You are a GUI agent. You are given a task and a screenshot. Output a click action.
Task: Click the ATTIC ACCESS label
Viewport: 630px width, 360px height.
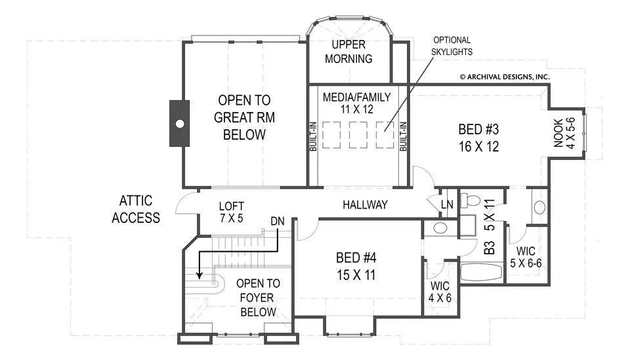(136, 209)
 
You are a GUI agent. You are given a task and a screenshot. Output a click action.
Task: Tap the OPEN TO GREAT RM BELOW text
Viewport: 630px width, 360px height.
(244, 117)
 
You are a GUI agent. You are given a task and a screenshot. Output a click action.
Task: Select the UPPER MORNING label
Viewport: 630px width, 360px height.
(348, 51)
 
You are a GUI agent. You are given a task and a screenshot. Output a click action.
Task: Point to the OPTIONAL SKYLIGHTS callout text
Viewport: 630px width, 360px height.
(451, 46)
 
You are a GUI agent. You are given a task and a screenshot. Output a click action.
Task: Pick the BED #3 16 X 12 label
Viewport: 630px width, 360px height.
(478, 138)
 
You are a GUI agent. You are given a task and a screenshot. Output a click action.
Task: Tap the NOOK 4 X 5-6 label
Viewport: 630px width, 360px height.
(564, 133)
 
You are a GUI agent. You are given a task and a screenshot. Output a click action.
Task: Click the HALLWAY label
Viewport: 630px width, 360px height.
(365, 205)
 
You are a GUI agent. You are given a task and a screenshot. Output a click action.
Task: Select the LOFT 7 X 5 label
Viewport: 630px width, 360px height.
(232, 212)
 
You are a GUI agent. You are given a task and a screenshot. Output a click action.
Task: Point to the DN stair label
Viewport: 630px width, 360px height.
(277, 221)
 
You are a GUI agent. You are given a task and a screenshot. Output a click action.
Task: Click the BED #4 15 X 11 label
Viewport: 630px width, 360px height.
(356, 266)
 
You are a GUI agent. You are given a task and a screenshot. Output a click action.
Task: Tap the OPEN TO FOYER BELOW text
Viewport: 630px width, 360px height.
(257, 298)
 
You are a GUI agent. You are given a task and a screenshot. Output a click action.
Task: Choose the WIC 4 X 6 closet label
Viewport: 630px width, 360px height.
(440, 292)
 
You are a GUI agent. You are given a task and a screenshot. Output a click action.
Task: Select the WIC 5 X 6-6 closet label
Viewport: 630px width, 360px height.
(526, 257)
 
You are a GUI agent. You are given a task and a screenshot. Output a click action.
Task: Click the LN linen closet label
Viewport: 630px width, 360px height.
(447, 205)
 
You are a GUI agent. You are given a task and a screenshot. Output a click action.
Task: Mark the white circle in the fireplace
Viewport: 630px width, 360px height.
(180, 124)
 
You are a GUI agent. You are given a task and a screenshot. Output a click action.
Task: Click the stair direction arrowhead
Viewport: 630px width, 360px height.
(199, 275)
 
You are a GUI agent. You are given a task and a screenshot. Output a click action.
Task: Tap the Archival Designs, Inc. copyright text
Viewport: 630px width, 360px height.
(505, 77)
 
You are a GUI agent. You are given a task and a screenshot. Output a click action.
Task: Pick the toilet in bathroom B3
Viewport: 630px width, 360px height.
(471, 199)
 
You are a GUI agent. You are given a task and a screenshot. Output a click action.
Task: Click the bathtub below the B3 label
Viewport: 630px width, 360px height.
(481, 272)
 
